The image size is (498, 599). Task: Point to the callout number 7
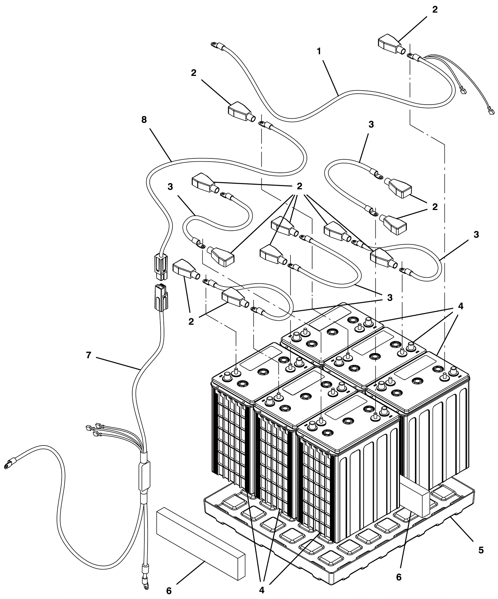click(89, 355)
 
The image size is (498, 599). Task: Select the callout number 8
click(144, 120)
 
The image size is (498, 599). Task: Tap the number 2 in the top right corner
click(435, 10)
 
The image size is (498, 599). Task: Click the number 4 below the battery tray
click(261, 590)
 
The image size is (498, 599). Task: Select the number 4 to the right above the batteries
click(460, 306)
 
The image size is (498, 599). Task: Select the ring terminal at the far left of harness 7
click(6, 466)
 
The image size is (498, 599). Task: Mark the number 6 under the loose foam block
click(169, 591)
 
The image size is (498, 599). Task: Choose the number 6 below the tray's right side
click(399, 577)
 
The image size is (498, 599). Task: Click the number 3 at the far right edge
click(476, 235)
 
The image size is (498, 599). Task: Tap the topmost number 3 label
click(371, 125)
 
